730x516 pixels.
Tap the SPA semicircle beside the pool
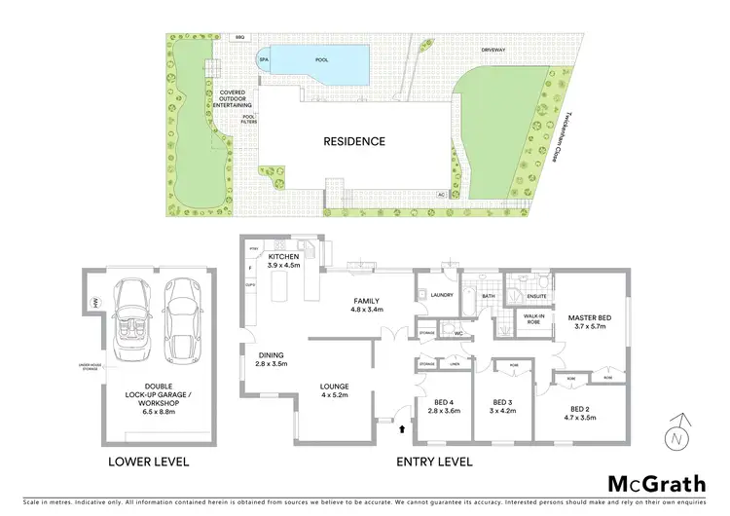[263, 60]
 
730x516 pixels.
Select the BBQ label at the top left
[213, 37]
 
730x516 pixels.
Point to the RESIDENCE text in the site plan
[354, 141]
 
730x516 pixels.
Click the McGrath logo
[656, 483]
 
